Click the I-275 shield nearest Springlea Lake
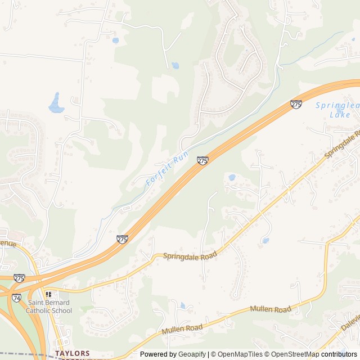point(296,104)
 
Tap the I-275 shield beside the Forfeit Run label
point(202,161)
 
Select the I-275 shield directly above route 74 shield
point(19,278)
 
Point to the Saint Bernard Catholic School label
point(50,307)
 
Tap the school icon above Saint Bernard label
point(49,294)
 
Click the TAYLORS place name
point(73,353)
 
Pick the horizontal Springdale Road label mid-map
point(190,256)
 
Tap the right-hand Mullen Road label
point(271,309)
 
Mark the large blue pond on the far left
point(56,102)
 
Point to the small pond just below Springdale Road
point(265,241)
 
